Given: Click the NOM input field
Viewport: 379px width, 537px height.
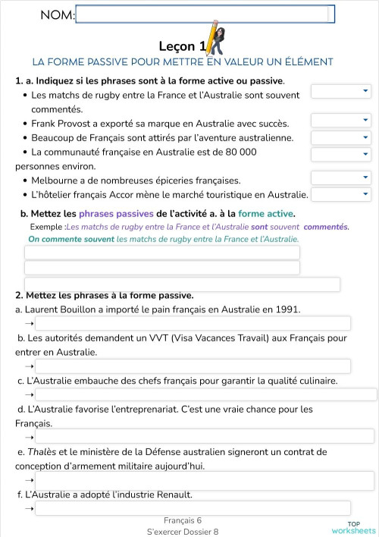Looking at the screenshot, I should coord(205,14).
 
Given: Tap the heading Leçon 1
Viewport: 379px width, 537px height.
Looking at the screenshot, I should coord(180,46).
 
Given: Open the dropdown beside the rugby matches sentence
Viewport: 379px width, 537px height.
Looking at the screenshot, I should coord(340,92).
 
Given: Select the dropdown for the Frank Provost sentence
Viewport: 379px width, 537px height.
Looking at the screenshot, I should coord(340,121).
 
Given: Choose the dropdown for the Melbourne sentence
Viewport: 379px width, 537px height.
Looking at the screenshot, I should coord(340,177).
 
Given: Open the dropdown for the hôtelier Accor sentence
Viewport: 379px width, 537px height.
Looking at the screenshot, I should coord(340,194).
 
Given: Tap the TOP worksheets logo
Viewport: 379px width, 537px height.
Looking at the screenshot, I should coord(353,527).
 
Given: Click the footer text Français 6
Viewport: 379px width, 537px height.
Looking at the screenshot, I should coord(183,520).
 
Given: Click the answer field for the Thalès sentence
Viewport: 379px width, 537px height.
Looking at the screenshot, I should coord(205,480).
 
